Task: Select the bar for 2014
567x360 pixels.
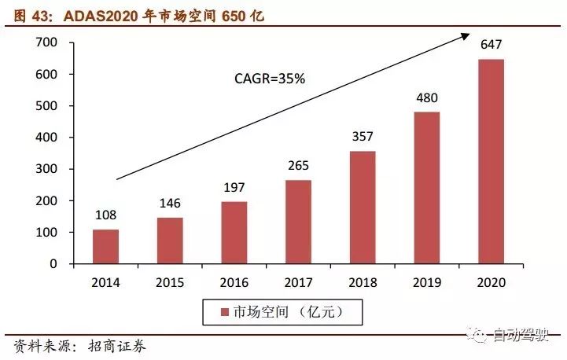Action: pyautogui.click(x=105, y=247)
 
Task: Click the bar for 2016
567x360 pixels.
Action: pyautogui.click(x=234, y=233)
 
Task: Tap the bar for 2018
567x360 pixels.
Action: pyautogui.click(x=363, y=208)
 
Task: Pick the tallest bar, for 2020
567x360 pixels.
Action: pyautogui.click(x=491, y=161)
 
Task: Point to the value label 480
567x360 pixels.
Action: pyautogui.click(x=426, y=99)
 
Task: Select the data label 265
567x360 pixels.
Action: pyautogui.click(x=298, y=166)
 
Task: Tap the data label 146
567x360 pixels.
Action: pyautogui.click(x=170, y=203)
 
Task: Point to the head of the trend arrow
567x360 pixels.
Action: pyautogui.click(x=467, y=37)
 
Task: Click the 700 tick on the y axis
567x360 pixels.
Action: pyautogui.click(x=47, y=42)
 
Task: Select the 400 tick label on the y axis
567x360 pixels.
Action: pyautogui.click(x=47, y=138)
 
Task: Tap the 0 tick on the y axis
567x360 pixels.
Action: pyautogui.click(x=56, y=264)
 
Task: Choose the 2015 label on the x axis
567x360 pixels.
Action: pyautogui.click(x=170, y=281)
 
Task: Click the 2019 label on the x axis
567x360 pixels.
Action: pyautogui.click(x=426, y=281)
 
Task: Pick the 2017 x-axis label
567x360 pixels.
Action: pyautogui.click(x=298, y=281)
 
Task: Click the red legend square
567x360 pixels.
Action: pyautogui.click(x=226, y=313)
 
